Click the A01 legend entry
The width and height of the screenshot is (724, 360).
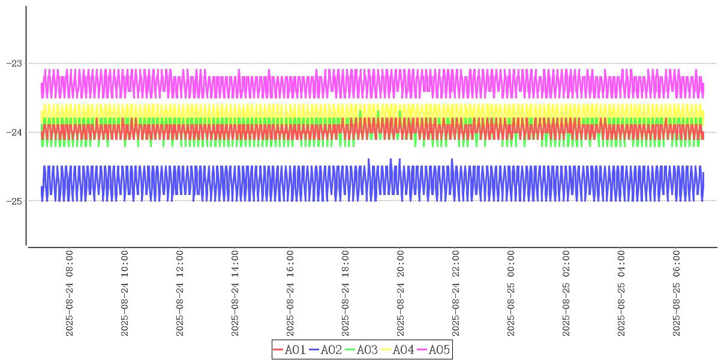pyautogui.click(x=290, y=350)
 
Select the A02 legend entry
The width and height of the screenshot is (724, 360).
pyautogui.click(x=326, y=350)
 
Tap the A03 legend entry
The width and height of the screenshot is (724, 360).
pyautogui.click(x=362, y=350)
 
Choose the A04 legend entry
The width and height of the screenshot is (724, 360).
pyautogui.click(x=398, y=350)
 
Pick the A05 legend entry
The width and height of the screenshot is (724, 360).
pyautogui.click(x=434, y=350)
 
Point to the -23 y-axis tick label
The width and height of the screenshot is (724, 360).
pyautogui.click(x=14, y=63)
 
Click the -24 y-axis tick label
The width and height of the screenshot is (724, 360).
pyautogui.click(x=14, y=132)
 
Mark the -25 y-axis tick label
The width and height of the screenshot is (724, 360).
pyautogui.click(x=14, y=201)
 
